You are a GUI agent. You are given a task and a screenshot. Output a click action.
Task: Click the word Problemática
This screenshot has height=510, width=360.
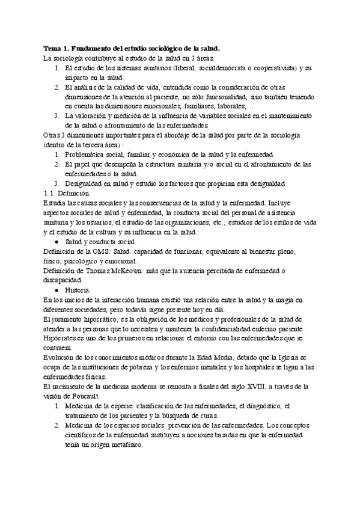pyautogui.click(x=91, y=155)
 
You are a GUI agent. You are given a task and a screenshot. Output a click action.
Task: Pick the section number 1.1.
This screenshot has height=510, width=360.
pyautogui.click(x=50, y=193)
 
